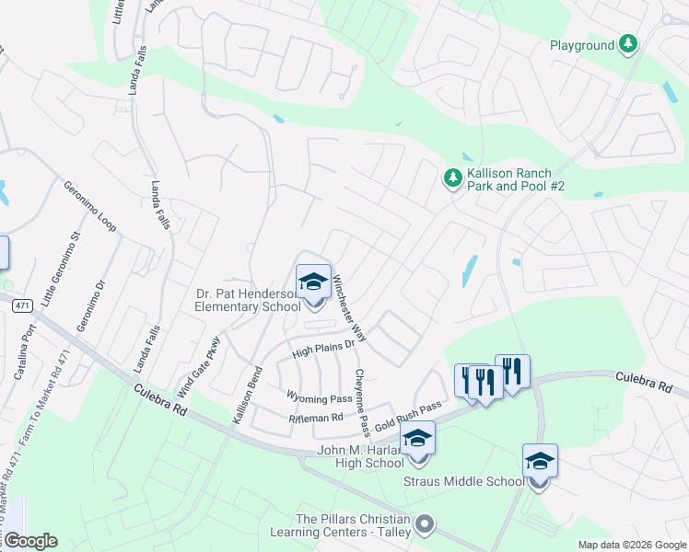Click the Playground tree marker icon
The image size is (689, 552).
628,44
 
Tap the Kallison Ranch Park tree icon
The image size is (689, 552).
452,177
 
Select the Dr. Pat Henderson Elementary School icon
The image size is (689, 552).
313,283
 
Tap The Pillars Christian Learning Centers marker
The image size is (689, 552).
424,524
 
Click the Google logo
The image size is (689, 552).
29,541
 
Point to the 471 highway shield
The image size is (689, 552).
21,305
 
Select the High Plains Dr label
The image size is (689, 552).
323,347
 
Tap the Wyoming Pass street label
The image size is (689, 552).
320,398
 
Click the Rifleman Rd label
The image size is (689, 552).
316,418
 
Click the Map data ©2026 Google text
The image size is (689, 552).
632,545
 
